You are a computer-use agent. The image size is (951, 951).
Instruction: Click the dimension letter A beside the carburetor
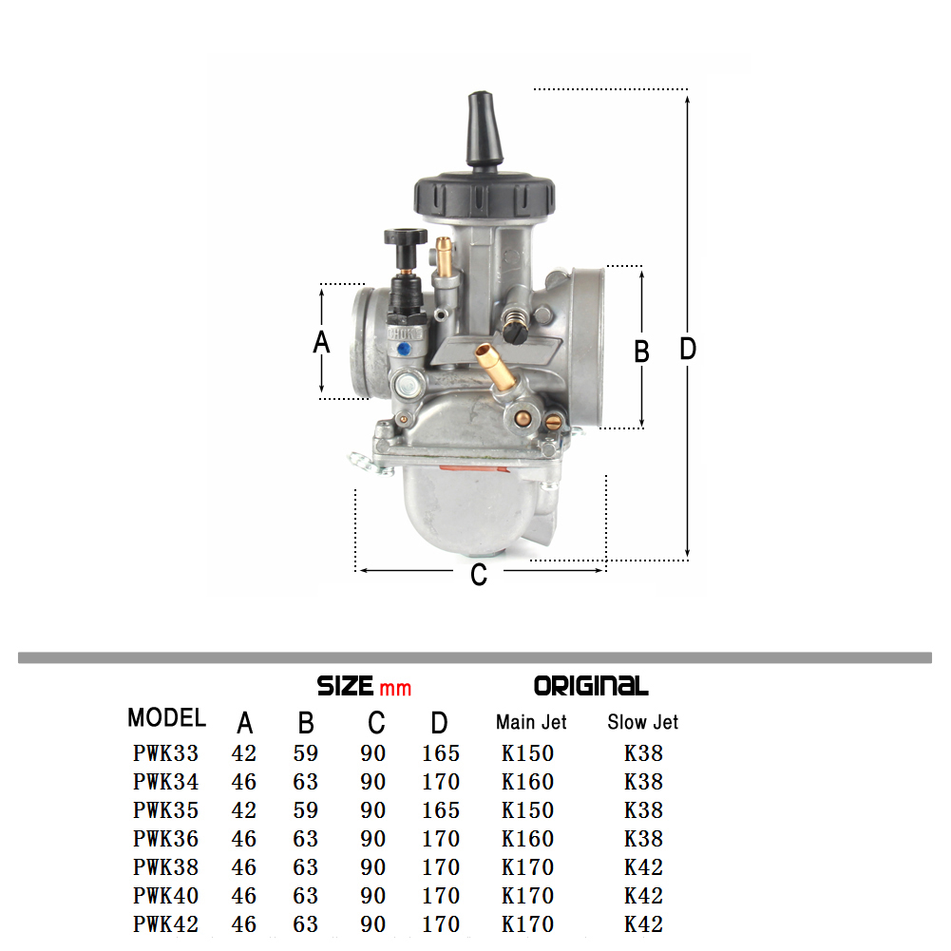(x=321, y=342)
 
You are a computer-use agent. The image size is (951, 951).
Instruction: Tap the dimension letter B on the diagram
(x=641, y=352)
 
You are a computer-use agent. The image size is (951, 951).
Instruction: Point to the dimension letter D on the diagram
(x=688, y=349)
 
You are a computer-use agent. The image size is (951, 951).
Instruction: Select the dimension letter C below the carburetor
(x=479, y=575)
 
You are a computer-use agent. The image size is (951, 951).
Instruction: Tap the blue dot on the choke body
(x=402, y=350)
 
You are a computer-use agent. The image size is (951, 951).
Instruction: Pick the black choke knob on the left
(x=405, y=237)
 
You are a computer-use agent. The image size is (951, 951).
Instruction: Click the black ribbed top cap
(x=484, y=197)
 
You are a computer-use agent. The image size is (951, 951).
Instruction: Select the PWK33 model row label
(x=165, y=753)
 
